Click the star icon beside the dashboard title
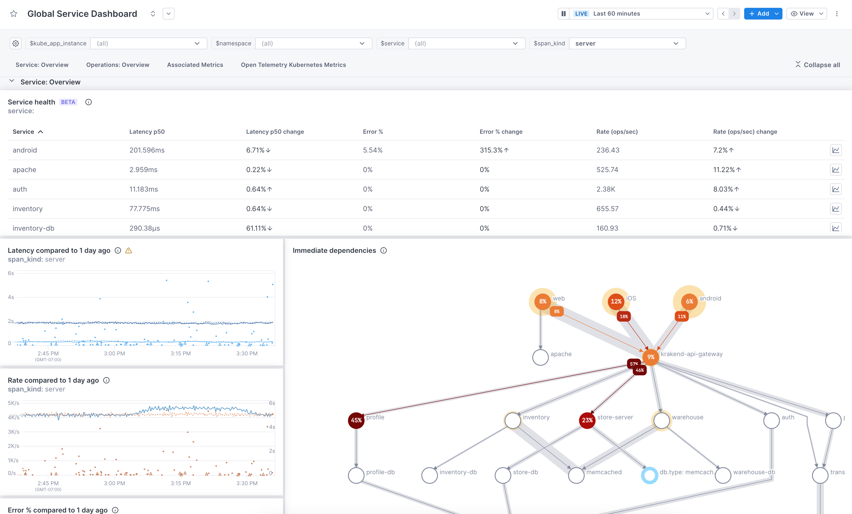click(14, 14)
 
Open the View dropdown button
click(806, 14)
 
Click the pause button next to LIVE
click(564, 14)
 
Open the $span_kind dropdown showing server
click(627, 43)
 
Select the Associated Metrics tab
click(195, 65)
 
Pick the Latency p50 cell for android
click(147, 150)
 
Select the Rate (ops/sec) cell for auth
click(606, 189)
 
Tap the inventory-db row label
click(33, 228)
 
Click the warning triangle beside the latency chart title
click(129, 250)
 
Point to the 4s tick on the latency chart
click(11, 297)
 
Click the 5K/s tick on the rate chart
click(13, 403)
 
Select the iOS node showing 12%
click(616, 301)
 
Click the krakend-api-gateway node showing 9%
click(651, 357)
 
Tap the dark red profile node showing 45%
click(356, 420)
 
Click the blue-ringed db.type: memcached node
click(650, 476)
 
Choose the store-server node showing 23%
click(587, 420)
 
